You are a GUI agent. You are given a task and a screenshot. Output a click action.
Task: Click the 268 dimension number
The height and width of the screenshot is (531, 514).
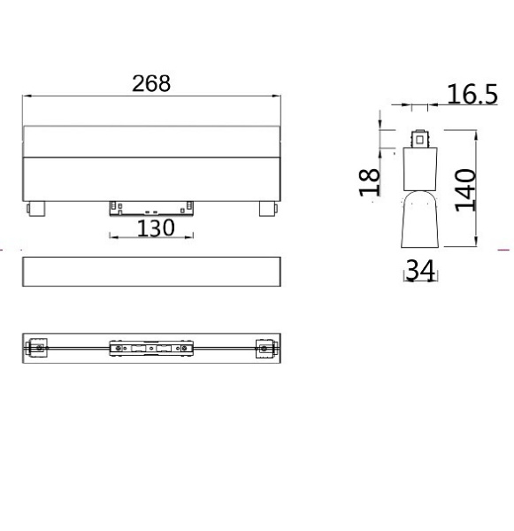(151, 83)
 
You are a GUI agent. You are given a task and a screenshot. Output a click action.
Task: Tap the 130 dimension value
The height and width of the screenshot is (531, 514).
(156, 228)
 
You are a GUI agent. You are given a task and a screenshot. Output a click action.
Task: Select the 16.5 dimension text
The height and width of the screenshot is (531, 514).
(472, 94)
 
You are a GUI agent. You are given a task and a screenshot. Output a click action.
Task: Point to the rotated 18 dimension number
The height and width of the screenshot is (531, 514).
(369, 181)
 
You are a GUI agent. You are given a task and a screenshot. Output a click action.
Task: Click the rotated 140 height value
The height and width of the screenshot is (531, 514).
(465, 190)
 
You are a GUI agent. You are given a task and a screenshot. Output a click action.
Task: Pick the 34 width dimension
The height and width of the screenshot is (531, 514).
(420, 270)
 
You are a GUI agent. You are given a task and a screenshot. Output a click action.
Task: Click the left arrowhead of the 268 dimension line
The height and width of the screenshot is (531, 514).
(27, 96)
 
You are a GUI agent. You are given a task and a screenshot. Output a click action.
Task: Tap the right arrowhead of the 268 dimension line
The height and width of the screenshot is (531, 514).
(276, 96)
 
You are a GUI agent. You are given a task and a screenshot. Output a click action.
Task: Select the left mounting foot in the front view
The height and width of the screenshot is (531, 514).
(35, 209)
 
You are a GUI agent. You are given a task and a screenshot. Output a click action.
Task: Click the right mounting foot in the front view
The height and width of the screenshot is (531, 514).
(269, 209)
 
